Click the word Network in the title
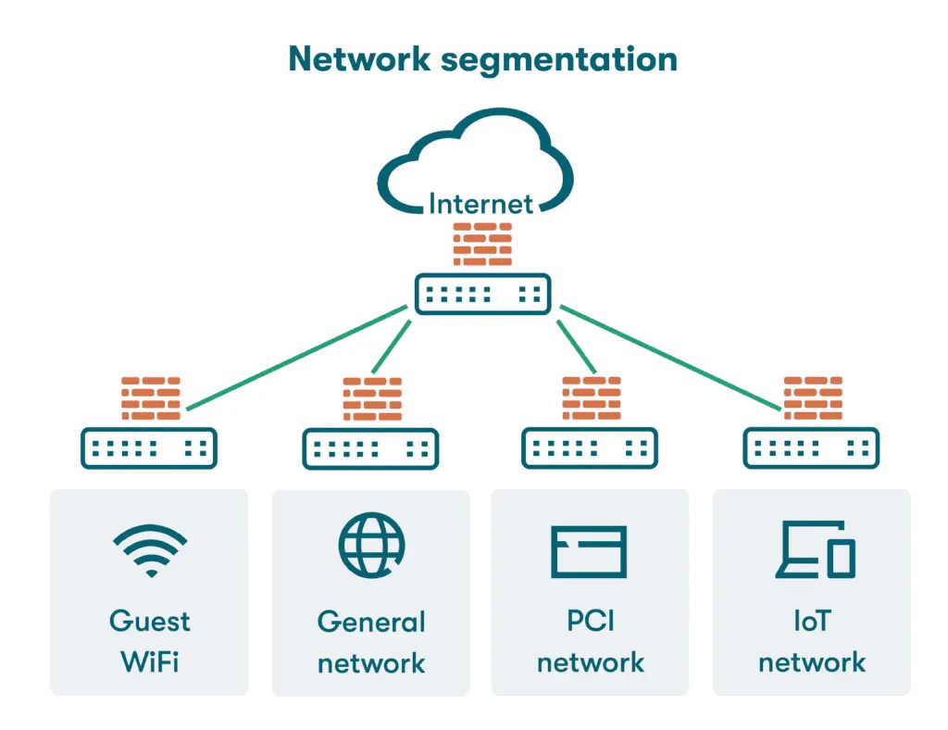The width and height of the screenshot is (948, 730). point(359,59)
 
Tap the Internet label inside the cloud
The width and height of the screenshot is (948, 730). point(480,204)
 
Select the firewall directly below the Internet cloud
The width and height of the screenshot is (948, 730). point(482,245)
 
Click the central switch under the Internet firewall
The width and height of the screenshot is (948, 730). point(482,295)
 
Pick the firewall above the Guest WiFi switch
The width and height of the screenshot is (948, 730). point(151,398)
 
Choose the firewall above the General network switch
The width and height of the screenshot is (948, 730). point(372,399)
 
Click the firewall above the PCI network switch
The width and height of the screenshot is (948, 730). point(592,398)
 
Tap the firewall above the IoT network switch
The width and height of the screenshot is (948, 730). point(813,398)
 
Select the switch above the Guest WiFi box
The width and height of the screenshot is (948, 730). point(149,448)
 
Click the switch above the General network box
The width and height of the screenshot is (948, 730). point(370,448)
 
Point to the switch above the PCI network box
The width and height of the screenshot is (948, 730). point(590,448)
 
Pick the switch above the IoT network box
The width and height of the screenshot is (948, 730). point(811,448)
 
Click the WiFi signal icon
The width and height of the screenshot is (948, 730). point(151,550)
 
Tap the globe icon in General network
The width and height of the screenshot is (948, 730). point(372,545)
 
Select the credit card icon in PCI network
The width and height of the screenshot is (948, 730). point(589,551)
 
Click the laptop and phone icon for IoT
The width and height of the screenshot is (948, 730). point(816,549)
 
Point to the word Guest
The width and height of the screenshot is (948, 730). point(150,622)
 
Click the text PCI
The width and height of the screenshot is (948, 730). point(590,621)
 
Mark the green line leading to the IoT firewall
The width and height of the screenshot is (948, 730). point(670,358)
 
